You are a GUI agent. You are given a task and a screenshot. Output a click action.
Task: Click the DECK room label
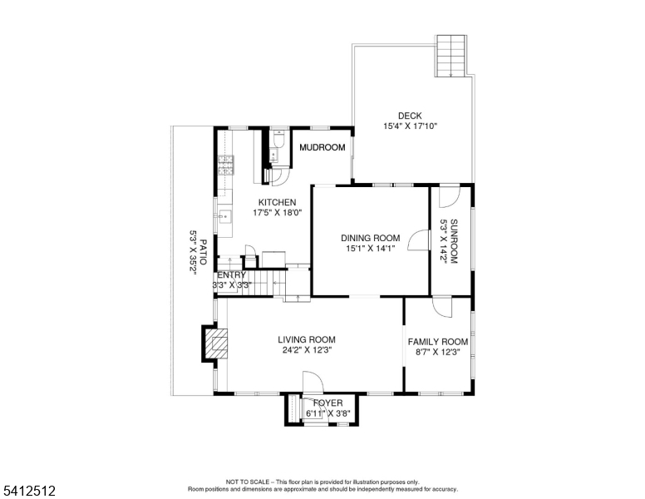pos(410,116)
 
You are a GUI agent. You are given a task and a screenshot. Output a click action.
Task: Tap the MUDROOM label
pos(322,147)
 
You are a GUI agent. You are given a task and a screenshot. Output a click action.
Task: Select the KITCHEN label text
pos(277,202)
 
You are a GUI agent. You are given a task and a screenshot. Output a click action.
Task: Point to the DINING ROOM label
pos(371,238)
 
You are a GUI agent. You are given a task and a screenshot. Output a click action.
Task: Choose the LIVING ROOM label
pos(307,339)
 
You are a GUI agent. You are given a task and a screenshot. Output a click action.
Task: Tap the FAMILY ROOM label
pos(437,342)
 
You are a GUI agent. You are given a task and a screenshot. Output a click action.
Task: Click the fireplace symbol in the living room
pos(216,343)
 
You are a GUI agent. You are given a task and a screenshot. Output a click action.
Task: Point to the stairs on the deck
pos(452,56)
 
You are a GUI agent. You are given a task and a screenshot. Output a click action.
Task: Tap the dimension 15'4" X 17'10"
pos(410,126)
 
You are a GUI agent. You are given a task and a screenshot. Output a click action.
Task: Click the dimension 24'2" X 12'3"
pos(307,350)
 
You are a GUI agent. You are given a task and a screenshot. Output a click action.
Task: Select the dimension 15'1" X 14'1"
pos(371,248)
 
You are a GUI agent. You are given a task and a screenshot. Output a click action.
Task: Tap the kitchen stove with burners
pos(224,166)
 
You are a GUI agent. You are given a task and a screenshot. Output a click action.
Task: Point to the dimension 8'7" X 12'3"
pos(437,353)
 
